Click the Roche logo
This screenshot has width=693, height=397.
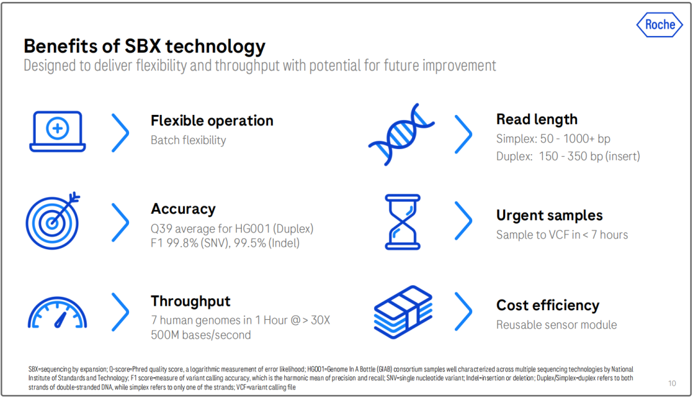[x=660, y=25]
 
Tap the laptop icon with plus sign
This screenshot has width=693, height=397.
[x=58, y=132]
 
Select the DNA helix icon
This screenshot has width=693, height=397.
[x=401, y=134]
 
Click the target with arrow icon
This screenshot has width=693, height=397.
[x=53, y=221]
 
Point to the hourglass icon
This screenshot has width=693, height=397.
[x=402, y=222]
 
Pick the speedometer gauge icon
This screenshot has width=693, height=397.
[x=58, y=313]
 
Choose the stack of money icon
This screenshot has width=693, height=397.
[x=403, y=312]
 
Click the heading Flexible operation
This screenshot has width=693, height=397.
[x=212, y=120]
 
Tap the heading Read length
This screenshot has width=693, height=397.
[x=536, y=119]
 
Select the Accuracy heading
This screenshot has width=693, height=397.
[x=183, y=209]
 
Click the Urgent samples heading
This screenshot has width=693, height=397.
[x=549, y=216]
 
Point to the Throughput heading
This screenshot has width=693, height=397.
[x=191, y=301]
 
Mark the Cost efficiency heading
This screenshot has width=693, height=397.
[x=547, y=305]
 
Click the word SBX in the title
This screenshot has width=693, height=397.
[x=142, y=46]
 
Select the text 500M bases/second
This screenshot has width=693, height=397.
[x=201, y=335]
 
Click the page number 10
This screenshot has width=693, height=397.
[x=672, y=384]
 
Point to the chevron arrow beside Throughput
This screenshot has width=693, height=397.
[x=120, y=312]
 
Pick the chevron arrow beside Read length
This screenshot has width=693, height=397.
[x=463, y=134]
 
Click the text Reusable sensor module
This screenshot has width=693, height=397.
[x=556, y=325]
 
